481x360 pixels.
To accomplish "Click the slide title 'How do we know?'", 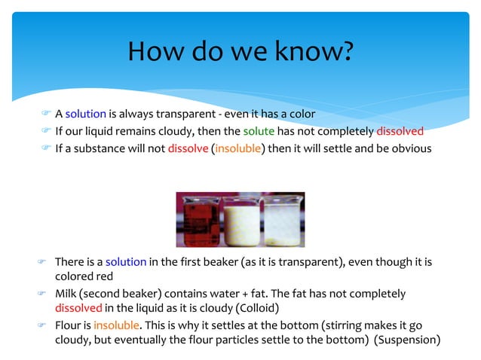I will tap(240, 51).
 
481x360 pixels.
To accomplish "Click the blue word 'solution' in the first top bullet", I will tap(85, 114).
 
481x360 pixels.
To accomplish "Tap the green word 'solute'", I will tap(259, 131).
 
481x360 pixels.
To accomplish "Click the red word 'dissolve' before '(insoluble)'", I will tap(188, 148).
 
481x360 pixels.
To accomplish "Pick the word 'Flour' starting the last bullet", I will tap(68, 325).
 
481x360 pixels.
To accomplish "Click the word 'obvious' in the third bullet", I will tap(412, 148).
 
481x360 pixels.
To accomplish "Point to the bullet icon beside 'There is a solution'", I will tap(43, 261).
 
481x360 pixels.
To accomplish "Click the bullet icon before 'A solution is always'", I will tap(46, 114).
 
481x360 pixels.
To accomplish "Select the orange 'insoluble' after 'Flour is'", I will tap(116, 325).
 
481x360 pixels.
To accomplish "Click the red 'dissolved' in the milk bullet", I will tap(78, 307).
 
